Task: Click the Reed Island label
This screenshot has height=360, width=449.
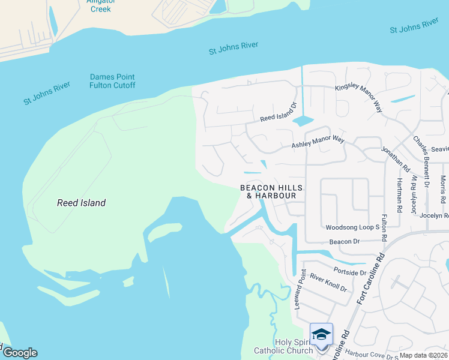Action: coord(81,203)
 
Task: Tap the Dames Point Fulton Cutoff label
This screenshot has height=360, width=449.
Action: coord(112,81)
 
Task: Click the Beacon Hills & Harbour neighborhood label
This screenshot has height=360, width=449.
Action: coord(271,191)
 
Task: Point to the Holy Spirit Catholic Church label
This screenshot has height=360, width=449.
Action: coord(284,346)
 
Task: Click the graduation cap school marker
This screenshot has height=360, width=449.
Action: coord(321,334)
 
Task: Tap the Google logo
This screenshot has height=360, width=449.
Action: coord(19,353)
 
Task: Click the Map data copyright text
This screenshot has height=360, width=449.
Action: coord(423,355)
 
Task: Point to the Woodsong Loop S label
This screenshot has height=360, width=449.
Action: coord(352,228)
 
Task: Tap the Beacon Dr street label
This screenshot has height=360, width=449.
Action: coord(344,241)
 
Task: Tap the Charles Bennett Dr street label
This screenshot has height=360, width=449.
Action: coord(421,158)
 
